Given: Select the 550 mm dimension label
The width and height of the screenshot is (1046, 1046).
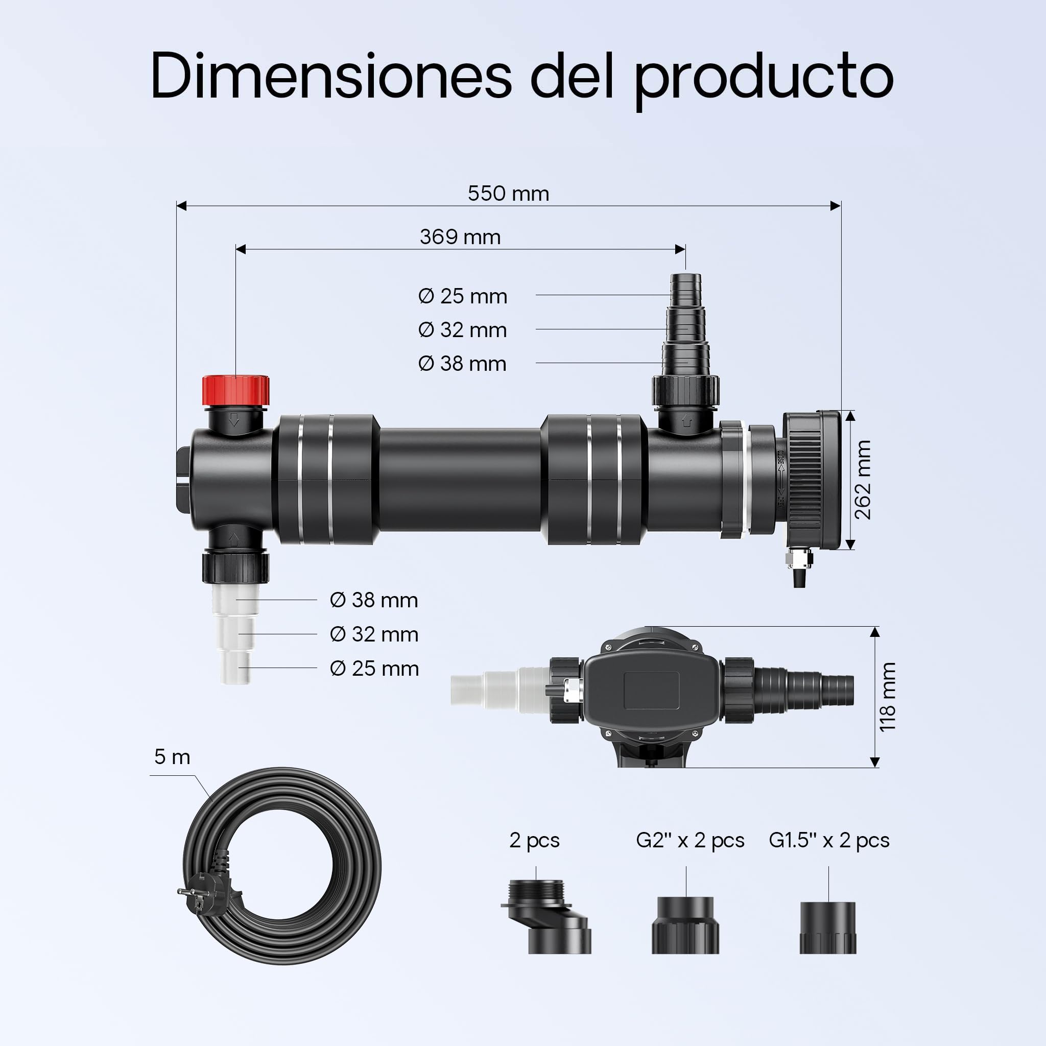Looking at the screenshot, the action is coord(508,193).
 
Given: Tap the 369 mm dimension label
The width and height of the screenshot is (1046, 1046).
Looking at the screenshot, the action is coord(460,236).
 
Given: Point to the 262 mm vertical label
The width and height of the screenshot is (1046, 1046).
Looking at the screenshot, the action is coord(863,479).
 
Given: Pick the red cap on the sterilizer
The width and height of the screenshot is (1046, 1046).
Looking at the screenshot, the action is coord(235,390).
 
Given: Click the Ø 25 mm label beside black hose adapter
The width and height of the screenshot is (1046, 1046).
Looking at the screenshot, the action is coord(462,296).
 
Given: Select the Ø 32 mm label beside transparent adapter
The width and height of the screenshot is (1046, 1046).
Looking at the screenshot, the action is coord(374,634).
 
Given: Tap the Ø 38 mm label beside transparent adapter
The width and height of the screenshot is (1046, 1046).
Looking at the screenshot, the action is coord(374,600).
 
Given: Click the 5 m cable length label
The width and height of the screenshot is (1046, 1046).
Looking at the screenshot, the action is coord(172,756).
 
